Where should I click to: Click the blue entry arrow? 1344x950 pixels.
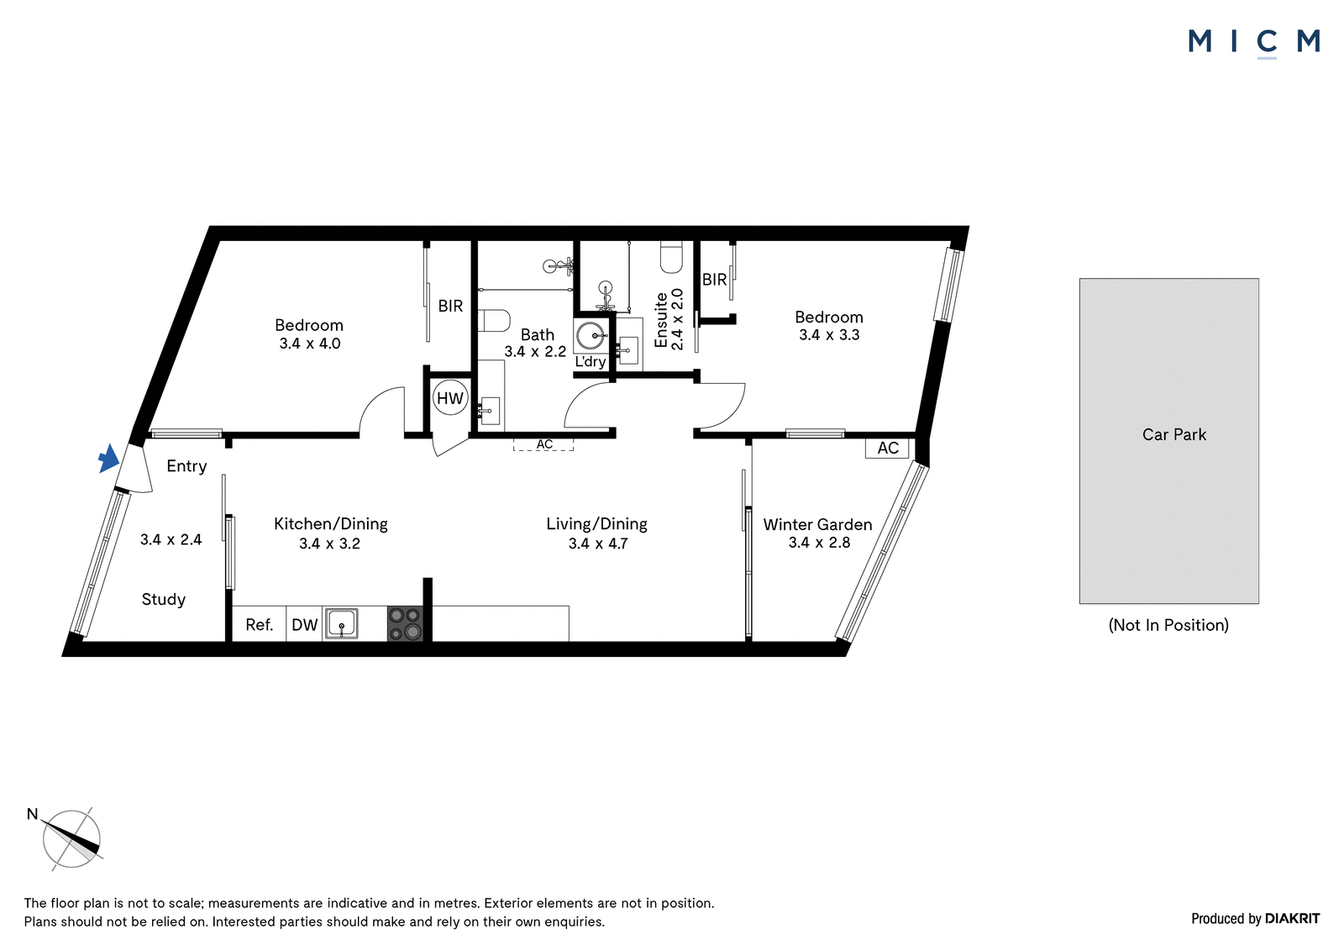tap(108, 459)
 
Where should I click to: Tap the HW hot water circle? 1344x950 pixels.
tap(450, 398)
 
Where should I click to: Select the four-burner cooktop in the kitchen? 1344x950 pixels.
tap(405, 623)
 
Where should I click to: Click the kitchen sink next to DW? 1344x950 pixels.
tap(341, 623)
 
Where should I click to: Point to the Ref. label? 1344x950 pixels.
tap(260, 625)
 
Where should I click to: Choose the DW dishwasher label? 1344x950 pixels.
tap(304, 625)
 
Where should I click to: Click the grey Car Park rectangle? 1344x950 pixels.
tap(1168, 440)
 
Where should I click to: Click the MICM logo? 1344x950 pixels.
tap(1254, 43)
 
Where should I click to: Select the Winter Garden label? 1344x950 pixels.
tap(817, 524)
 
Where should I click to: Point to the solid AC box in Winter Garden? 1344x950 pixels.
tap(887, 449)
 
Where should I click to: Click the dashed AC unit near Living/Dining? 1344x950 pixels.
tap(543, 444)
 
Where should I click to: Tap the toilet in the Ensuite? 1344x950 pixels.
tap(671, 257)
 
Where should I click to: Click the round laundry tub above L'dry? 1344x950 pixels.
tap(591, 336)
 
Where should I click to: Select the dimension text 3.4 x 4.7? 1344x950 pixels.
tap(598, 543)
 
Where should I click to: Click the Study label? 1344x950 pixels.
tap(163, 600)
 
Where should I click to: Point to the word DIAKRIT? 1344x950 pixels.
tap(1292, 918)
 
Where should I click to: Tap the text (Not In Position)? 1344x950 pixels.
tap(1168, 625)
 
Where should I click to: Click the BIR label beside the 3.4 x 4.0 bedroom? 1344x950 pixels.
tap(450, 306)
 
